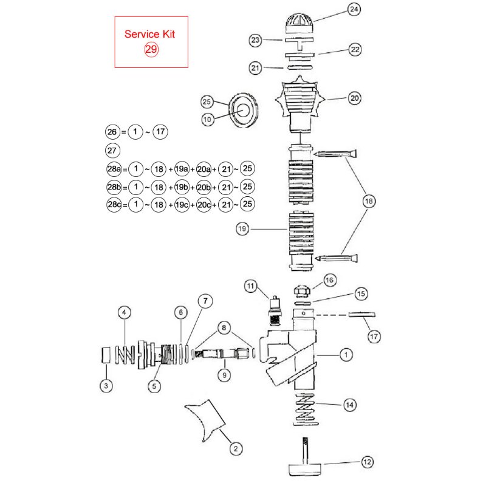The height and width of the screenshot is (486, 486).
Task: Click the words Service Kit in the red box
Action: [x=151, y=35]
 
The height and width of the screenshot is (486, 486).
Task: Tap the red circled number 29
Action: [x=151, y=50]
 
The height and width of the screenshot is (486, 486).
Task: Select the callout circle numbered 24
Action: [x=354, y=9]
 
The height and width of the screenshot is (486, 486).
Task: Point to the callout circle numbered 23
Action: [x=256, y=40]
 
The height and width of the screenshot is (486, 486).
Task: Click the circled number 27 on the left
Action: [x=112, y=150]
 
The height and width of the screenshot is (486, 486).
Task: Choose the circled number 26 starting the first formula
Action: [x=112, y=131]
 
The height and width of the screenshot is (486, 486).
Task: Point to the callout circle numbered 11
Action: [x=251, y=286]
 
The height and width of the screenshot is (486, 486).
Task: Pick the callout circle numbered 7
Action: [x=205, y=300]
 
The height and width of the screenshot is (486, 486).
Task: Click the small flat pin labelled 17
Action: [x=363, y=315]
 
